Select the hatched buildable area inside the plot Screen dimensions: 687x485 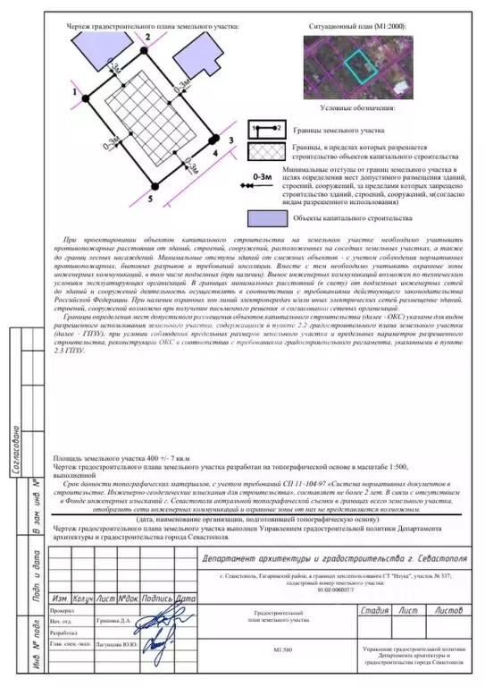tap(152, 116)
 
